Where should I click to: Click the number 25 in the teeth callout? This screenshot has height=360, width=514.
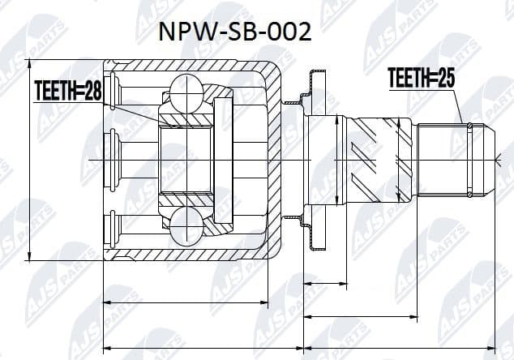click(443, 79)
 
